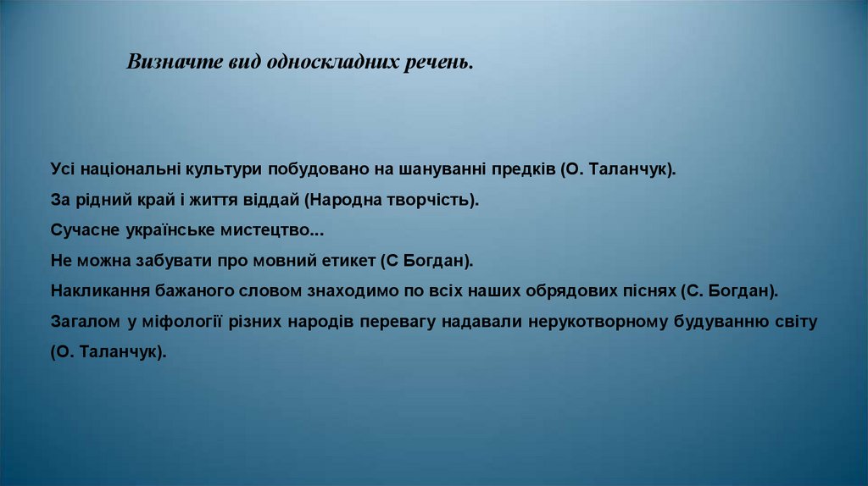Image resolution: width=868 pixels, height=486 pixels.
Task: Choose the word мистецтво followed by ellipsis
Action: click(x=275, y=230)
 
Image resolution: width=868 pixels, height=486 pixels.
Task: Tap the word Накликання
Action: click(x=98, y=291)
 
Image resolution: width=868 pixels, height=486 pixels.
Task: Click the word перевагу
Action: click(x=403, y=323)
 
